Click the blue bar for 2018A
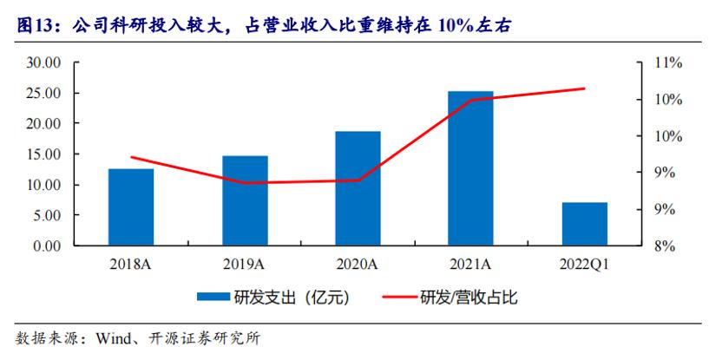[131, 207]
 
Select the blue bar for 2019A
[245, 200]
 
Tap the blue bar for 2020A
[358, 188]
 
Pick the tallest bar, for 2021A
[471, 168]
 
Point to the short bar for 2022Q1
[584, 224]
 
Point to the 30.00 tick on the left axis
[43, 63]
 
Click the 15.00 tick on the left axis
[43, 154]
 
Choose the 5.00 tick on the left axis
[46, 216]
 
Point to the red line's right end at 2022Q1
[584, 88]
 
